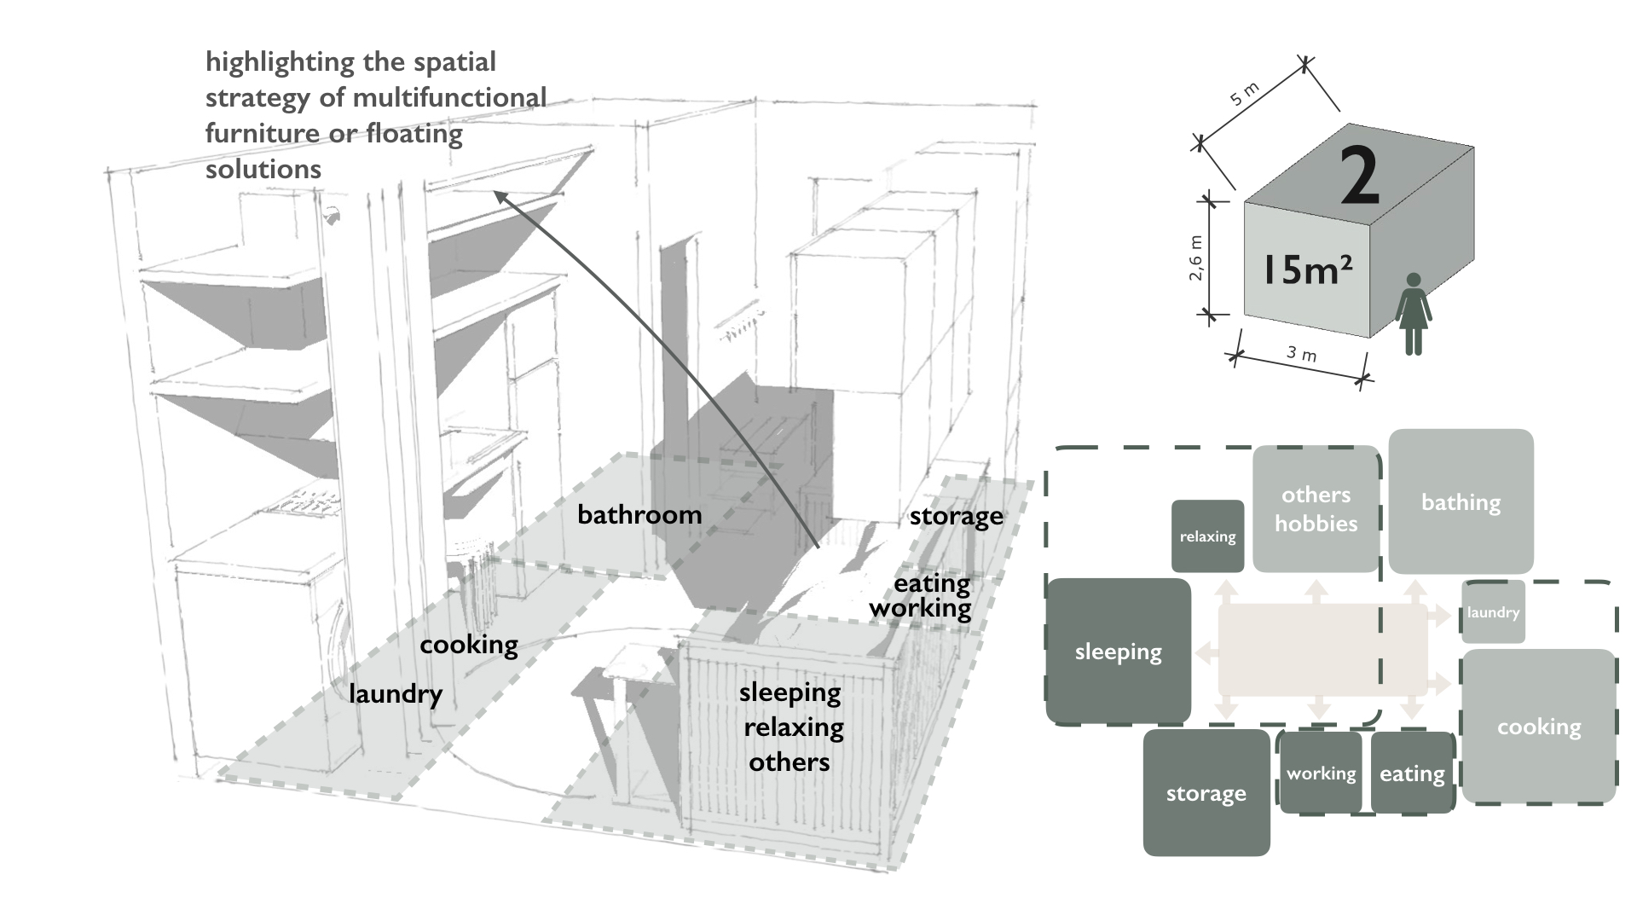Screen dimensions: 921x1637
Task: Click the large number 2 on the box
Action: (x=1359, y=176)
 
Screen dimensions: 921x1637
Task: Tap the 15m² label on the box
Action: (x=1306, y=269)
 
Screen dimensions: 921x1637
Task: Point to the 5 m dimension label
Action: (x=1245, y=94)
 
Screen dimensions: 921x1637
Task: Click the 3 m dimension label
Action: (x=1301, y=353)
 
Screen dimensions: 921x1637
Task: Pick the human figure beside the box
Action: (x=1413, y=314)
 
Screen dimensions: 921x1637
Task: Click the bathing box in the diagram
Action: (x=1461, y=501)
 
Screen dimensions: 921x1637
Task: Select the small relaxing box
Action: (x=1207, y=536)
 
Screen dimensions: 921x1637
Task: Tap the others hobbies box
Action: (x=1316, y=509)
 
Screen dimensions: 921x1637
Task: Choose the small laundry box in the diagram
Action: (x=1493, y=612)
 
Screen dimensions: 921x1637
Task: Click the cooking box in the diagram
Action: (x=1539, y=727)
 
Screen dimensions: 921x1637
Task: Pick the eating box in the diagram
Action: (x=1412, y=773)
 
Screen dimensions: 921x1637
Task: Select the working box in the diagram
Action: (x=1321, y=773)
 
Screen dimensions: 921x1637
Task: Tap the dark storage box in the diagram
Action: (x=1206, y=793)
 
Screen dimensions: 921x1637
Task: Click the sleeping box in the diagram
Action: (x=1118, y=652)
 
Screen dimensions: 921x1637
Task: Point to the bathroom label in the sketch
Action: (x=639, y=514)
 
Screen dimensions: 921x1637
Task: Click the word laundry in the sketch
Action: (x=396, y=693)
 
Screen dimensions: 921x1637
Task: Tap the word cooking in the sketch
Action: (x=469, y=645)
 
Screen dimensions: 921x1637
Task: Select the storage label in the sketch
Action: (x=956, y=516)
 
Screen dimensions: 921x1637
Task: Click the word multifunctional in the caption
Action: (x=449, y=97)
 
